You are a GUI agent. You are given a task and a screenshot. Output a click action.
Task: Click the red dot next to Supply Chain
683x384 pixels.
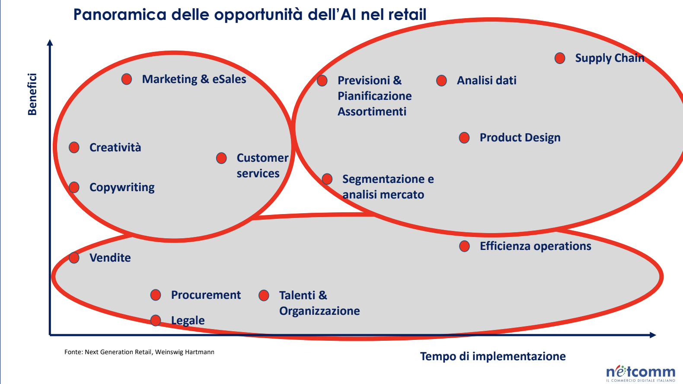(560, 58)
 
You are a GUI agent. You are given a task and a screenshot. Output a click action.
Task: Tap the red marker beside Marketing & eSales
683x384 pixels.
(127, 79)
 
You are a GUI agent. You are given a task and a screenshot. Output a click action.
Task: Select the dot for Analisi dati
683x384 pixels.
(441, 80)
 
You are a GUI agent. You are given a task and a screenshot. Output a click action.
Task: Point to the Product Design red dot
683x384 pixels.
(464, 138)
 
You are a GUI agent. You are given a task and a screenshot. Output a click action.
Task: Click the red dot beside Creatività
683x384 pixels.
(74, 147)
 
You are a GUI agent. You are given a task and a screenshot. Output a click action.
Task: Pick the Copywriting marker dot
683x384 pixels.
(74, 187)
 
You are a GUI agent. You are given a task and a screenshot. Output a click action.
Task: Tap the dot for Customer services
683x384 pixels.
(221, 158)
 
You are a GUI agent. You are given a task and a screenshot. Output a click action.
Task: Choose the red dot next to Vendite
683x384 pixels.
(74, 258)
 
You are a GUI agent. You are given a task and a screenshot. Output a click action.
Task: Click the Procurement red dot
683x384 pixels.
(156, 295)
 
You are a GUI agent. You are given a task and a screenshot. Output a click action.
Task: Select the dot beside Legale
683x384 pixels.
(156, 320)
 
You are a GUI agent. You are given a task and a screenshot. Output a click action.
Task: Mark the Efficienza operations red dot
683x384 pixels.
(464, 246)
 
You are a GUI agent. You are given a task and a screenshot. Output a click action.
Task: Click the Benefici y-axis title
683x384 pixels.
(32, 94)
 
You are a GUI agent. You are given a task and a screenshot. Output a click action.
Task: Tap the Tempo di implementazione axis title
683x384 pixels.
(493, 356)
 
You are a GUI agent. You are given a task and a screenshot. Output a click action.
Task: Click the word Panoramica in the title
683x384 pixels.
(120, 14)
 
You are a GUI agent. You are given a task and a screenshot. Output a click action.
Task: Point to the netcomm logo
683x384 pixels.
(641, 373)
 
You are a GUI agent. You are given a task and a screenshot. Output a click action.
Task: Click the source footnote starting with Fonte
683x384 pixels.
(139, 352)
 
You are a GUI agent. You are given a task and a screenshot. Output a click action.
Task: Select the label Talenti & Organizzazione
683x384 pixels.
(319, 303)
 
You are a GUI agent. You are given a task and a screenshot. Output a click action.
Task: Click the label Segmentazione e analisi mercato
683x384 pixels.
(388, 187)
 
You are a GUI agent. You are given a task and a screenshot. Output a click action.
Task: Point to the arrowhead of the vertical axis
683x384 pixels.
(50, 42)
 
